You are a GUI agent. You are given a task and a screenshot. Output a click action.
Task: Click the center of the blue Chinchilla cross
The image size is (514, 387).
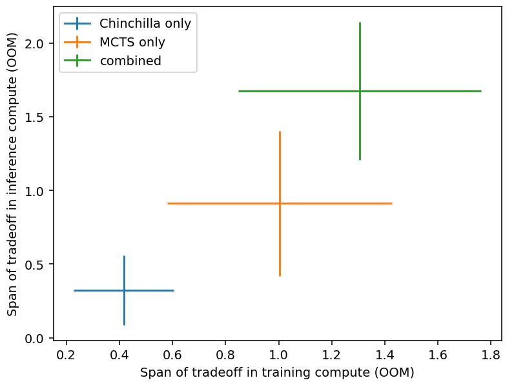(x=124, y=290)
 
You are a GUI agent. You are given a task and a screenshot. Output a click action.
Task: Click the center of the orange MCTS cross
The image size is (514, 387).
(x=280, y=203)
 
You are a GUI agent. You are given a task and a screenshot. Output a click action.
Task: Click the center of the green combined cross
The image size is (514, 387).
(x=360, y=91)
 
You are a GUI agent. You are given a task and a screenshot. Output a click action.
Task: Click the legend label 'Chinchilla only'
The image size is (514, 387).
(x=145, y=24)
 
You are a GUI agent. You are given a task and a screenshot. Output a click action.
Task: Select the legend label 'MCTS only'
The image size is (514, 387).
(x=132, y=43)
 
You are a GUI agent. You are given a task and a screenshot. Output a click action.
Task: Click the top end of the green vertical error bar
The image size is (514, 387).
(x=360, y=23)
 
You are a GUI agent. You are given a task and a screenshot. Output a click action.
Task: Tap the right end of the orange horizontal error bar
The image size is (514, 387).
(x=391, y=203)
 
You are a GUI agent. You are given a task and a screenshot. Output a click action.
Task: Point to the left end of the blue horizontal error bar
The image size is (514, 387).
(x=75, y=290)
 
